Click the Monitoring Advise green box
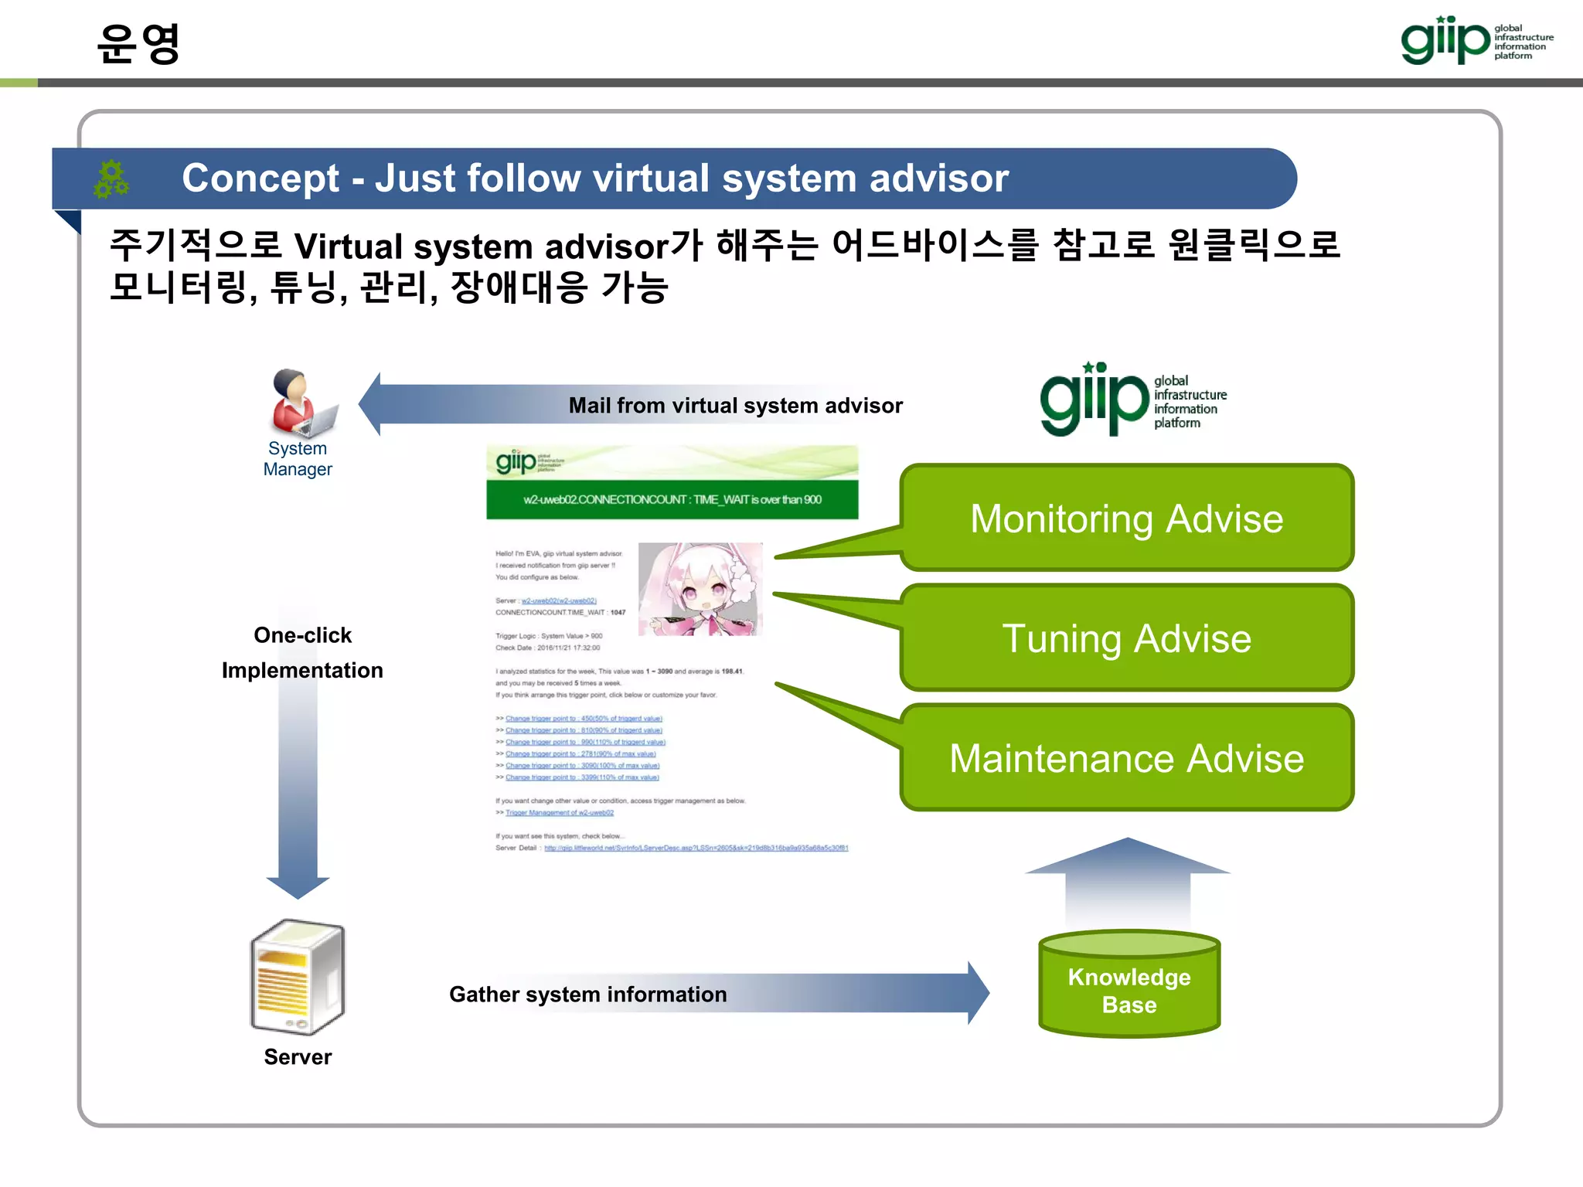coord(1126,518)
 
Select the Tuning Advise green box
coord(1126,638)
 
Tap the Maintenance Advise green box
coord(1126,758)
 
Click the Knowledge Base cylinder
coord(1129,986)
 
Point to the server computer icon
coord(298,977)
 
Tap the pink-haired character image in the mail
coord(700,589)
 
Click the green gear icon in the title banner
coord(111,179)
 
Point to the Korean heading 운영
coord(139,43)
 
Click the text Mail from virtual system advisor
coord(735,406)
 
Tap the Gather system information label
coord(587,995)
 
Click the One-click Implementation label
coord(302,653)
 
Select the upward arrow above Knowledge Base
coord(1128,881)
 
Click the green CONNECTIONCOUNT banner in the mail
coord(672,500)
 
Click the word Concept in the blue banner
coord(260,179)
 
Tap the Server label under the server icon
coord(298,1057)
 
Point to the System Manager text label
coord(298,459)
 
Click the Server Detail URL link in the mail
coord(696,849)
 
